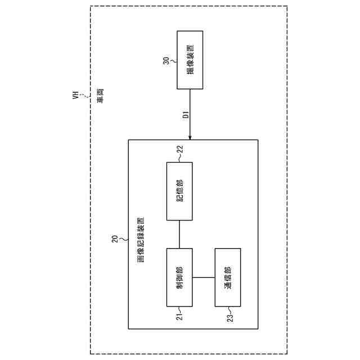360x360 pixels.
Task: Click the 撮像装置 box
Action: point(190,60)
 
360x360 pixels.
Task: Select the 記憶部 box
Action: point(179,191)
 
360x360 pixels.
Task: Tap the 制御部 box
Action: point(179,277)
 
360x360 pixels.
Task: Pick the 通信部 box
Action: point(227,277)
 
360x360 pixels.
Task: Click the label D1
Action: point(184,116)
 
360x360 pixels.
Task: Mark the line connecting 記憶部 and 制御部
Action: point(179,234)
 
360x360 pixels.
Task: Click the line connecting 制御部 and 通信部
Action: point(203,277)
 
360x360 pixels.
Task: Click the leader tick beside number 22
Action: point(180,158)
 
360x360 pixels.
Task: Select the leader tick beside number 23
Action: point(228,310)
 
